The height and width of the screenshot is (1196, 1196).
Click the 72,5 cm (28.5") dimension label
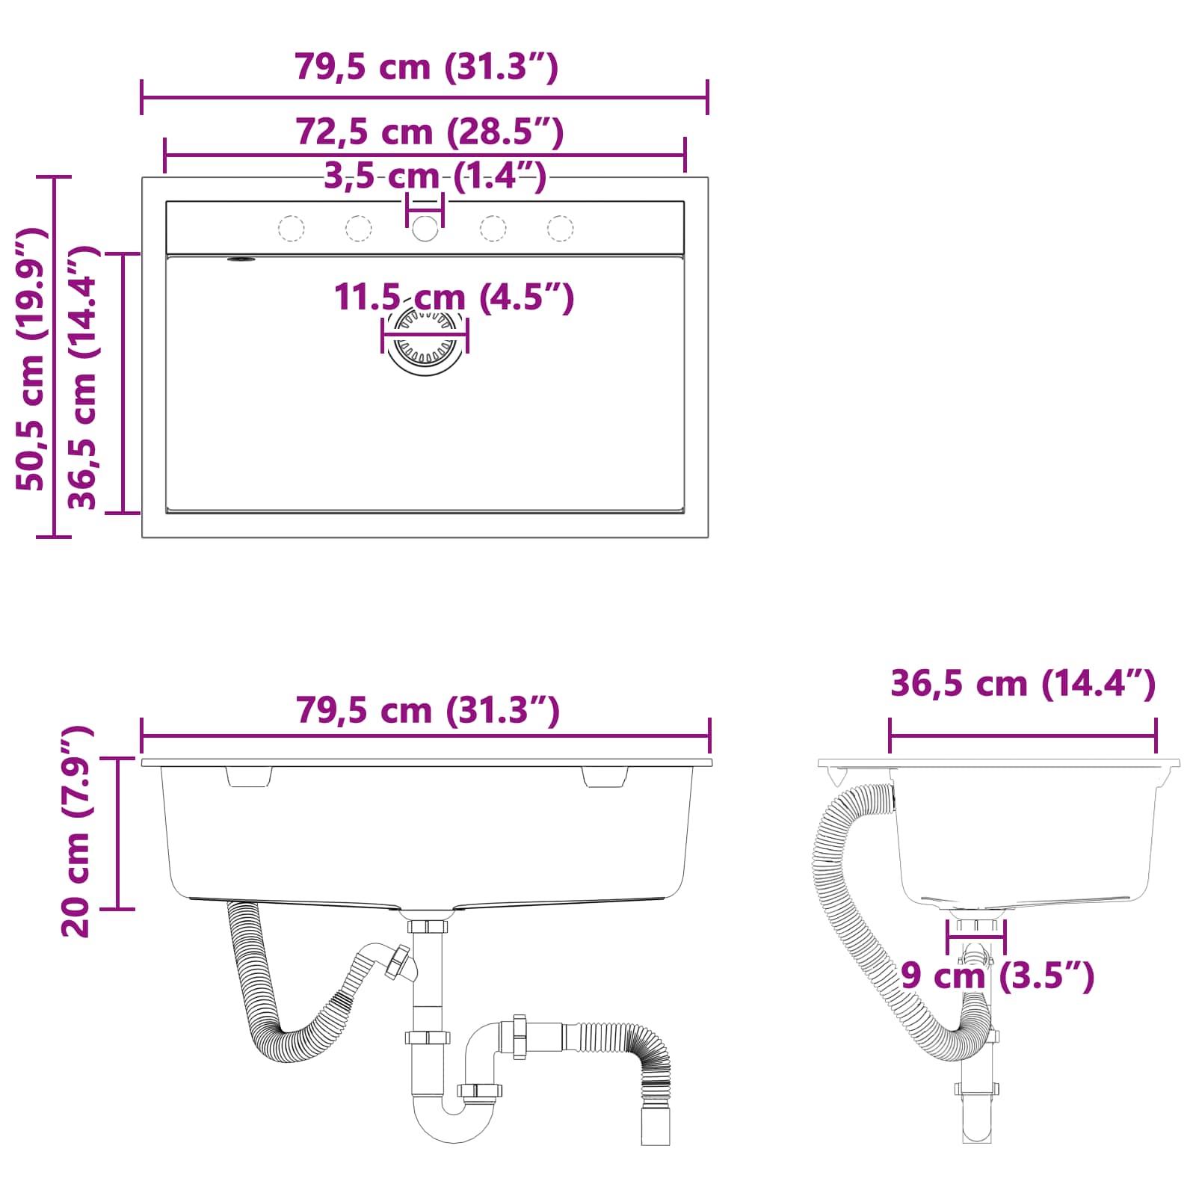click(429, 132)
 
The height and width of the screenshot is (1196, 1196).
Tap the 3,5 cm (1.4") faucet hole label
click(434, 176)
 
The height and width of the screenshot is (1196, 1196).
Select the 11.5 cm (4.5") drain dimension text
click(453, 297)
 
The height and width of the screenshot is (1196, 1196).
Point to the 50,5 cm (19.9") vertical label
click(31, 359)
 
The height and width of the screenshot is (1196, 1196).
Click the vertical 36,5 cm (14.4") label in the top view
click(83, 378)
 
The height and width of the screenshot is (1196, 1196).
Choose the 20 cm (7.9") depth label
click(76, 830)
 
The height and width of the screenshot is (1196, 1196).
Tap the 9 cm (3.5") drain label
click(996, 975)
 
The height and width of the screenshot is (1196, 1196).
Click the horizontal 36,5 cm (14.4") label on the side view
click(1023, 683)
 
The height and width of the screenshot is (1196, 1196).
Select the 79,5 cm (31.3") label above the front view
click(428, 709)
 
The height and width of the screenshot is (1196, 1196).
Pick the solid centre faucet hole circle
click(425, 228)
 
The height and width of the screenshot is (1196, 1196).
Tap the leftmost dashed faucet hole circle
click(291, 228)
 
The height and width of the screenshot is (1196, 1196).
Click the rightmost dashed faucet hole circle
click(560, 228)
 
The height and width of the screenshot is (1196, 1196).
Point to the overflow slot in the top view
click(241, 259)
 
